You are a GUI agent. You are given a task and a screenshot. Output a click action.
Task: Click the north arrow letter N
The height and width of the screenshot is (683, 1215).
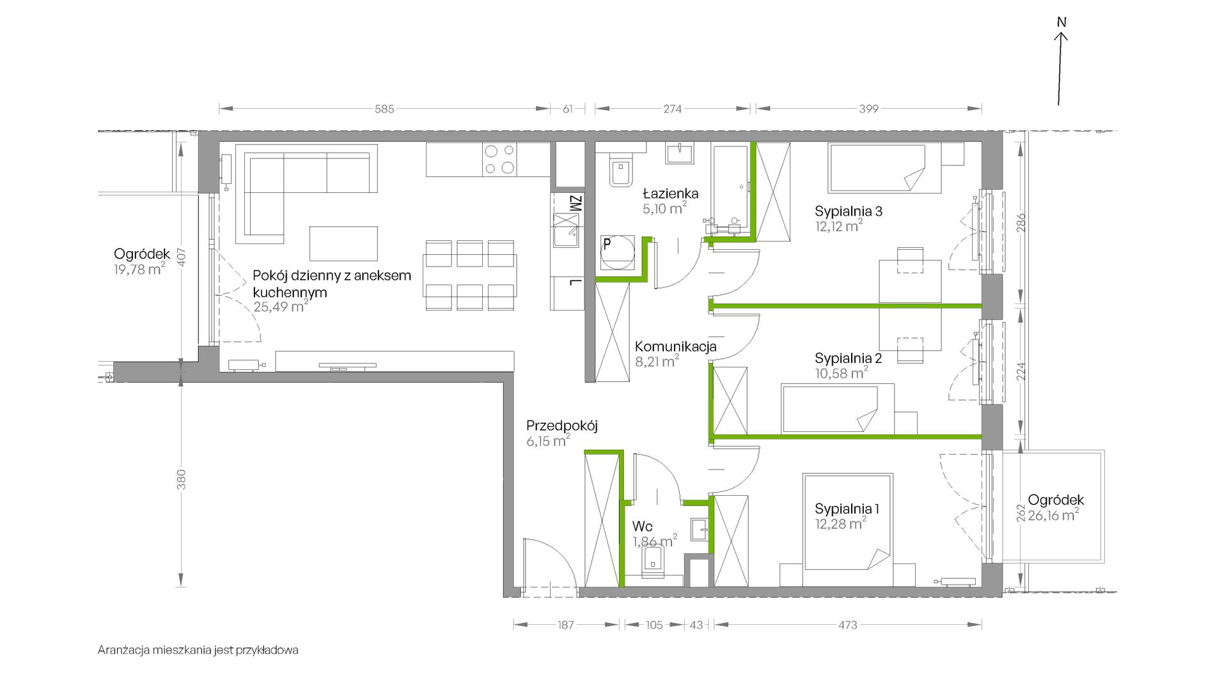tap(1062, 22)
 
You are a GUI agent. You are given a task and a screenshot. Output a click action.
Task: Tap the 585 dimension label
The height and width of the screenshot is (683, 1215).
tap(384, 109)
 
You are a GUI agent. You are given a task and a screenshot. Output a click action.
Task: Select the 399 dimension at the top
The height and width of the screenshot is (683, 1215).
tap(868, 109)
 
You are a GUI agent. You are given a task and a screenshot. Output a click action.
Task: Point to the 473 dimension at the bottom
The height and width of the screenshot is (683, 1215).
tap(847, 625)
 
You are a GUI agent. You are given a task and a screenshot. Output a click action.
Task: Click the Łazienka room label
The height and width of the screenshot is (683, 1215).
tap(671, 193)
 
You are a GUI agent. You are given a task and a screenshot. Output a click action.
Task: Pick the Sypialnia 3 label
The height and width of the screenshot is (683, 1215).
tap(849, 211)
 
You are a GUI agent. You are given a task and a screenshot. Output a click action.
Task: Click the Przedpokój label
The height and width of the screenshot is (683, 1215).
tap(562, 426)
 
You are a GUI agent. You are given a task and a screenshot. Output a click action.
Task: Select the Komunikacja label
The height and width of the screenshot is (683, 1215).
tap(675, 347)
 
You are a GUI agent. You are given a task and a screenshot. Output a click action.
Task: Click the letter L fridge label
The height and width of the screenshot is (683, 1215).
tap(575, 283)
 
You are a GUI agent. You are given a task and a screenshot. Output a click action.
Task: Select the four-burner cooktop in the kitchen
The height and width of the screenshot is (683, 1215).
tap(500, 160)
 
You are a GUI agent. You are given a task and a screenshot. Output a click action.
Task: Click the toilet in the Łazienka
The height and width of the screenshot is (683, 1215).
tap(620, 170)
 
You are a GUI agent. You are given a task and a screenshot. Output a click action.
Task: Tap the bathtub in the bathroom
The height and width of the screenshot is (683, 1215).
tap(730, 186)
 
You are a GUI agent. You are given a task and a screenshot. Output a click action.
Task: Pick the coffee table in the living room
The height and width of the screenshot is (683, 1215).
tap(343, 243)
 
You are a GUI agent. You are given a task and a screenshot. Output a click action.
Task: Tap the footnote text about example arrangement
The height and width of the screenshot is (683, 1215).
tap(198, 650)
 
